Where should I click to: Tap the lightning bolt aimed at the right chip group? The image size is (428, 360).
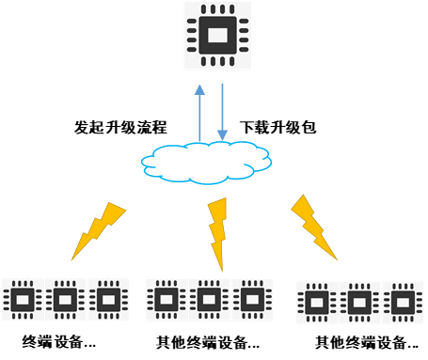pos(314,225)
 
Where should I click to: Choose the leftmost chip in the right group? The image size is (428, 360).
pos(318,303)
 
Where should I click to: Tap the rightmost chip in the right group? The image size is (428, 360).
pos(402,303)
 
